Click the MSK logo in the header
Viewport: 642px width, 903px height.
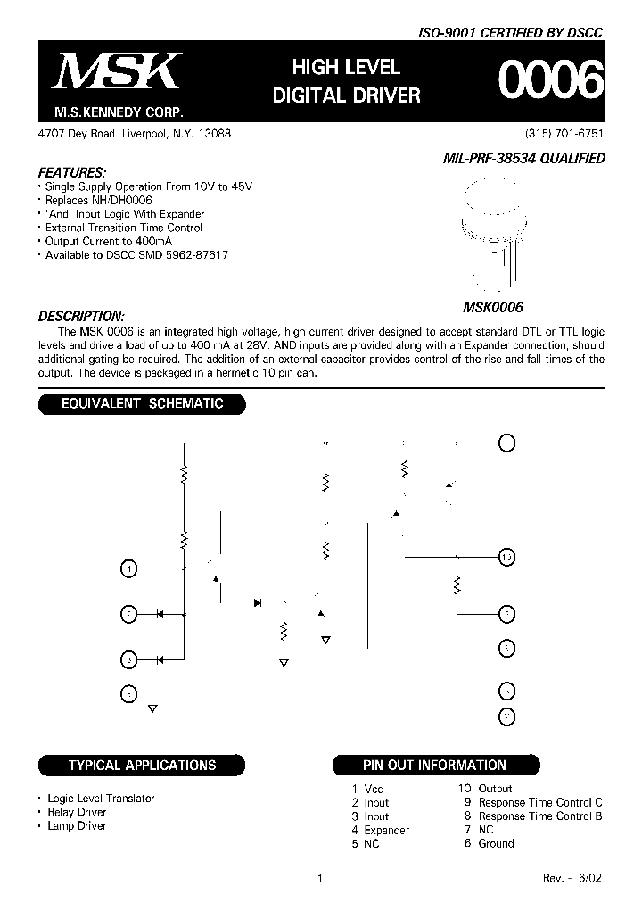[118, 72]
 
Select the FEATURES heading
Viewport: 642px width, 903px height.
[72, 171]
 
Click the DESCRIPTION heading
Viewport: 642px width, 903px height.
[80, 316]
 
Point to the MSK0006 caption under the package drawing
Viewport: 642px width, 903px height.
[492, 306]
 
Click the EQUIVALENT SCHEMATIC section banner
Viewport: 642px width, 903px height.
[141, 403]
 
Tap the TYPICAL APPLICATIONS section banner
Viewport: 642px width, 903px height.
[142, 765]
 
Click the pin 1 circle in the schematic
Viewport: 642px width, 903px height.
[129, 568]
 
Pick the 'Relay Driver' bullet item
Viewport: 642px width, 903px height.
[77, 812]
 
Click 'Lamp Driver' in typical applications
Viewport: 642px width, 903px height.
[77, 825]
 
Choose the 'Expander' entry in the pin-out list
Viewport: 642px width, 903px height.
[386, 830]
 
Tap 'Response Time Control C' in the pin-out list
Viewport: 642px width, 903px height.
[540, 802]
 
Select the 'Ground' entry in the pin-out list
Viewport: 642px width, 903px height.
[496, 843]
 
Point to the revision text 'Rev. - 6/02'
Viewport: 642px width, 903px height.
[572, 878]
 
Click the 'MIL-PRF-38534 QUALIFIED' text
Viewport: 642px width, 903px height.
[523, 158]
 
